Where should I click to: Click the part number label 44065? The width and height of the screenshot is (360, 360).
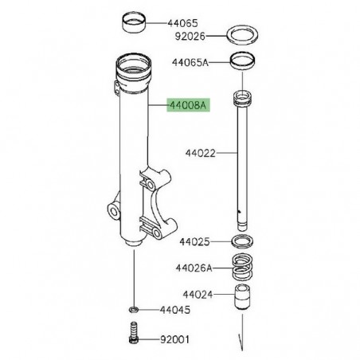(176, 23)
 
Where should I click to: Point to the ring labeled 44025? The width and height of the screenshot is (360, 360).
(241, 241)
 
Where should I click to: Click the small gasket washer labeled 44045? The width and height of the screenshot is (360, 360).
(132, 308)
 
